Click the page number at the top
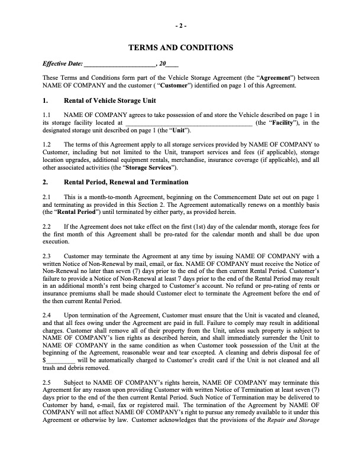(181, 25)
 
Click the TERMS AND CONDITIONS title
(181, 47)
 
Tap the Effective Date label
(63, 63)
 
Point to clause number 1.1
(48, 115)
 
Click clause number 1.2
(48, 144)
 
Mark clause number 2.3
(48, 255)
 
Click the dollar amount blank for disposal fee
(60, 360)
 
